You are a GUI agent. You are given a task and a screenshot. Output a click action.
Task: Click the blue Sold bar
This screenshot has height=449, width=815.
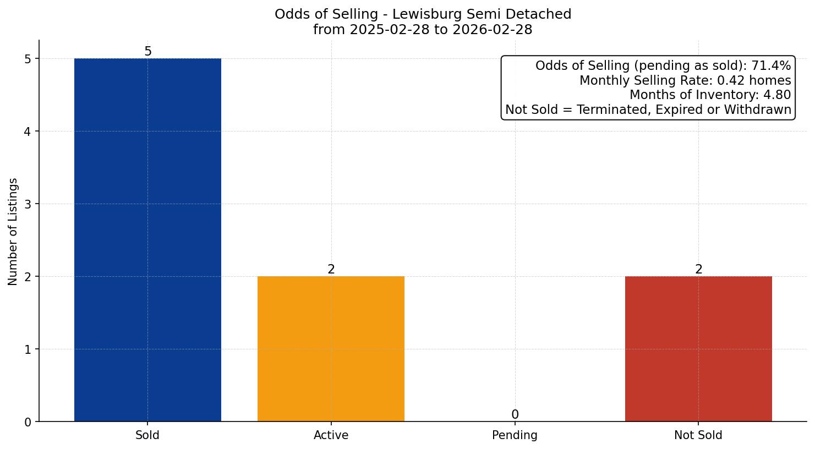point(147,240)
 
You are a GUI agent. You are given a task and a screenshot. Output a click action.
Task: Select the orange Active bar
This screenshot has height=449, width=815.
point(331,349)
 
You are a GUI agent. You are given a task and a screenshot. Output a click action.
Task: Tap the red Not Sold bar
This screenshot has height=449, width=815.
point(698,349)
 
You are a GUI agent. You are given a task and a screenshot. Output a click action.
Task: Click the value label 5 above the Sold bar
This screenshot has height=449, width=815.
point(148,52)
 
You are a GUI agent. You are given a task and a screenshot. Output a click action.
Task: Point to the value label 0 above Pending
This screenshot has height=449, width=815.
point(515,415)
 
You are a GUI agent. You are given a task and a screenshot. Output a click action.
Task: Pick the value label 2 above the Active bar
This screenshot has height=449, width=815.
point(331,270)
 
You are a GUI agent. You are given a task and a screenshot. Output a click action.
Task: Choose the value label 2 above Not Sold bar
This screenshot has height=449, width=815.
point(699,270)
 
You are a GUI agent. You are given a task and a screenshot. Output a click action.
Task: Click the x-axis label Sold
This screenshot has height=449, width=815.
point(147,435)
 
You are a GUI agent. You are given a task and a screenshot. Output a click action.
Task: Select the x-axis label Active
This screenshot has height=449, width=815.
point(331,435)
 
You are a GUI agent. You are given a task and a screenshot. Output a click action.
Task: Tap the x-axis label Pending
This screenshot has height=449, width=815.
point(515,435)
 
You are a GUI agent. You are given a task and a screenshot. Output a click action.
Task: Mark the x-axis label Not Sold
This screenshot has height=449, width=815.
point(698,435)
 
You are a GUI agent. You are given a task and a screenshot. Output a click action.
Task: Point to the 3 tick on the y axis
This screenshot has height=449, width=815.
point(28,204)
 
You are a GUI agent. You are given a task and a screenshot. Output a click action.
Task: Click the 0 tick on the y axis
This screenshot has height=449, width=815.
point(28,422)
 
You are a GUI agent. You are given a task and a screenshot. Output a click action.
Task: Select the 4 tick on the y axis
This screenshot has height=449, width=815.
point(28,132)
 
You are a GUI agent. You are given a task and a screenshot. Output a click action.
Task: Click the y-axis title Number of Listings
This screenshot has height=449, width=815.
point(13,232)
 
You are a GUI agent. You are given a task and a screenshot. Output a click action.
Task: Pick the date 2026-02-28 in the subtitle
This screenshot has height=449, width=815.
point(493,30)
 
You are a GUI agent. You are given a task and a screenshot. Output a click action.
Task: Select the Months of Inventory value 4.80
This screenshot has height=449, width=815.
point(777,95)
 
